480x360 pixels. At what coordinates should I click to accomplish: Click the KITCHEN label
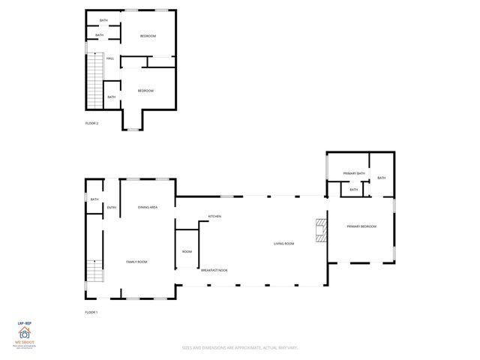(214, 217)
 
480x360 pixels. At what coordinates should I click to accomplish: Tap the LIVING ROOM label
(283, 244)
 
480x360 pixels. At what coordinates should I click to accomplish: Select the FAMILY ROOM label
(136, 262)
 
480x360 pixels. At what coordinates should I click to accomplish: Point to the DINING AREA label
(148, 207)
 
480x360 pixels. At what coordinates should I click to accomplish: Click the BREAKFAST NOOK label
(214, 270)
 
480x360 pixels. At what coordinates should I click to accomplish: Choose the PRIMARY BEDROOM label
(361, 226)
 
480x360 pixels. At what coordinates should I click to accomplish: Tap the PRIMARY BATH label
(353, 173)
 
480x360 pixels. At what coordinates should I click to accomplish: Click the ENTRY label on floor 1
(112, 207)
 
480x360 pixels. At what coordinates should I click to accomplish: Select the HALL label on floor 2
(110, 58)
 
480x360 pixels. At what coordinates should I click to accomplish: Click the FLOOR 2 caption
(91, 123)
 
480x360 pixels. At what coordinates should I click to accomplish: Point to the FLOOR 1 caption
(91, 311)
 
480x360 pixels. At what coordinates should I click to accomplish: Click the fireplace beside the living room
(321, 231)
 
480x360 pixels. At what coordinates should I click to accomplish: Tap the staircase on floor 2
(94, 82)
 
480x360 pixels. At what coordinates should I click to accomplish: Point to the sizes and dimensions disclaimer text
(239, 347)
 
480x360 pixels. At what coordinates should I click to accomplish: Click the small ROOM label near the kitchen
(187, 251)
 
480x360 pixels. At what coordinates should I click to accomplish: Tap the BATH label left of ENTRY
(94, 199)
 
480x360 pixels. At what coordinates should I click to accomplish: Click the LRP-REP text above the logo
(24, 322)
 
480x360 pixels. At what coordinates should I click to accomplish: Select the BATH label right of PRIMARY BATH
(381, 178)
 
